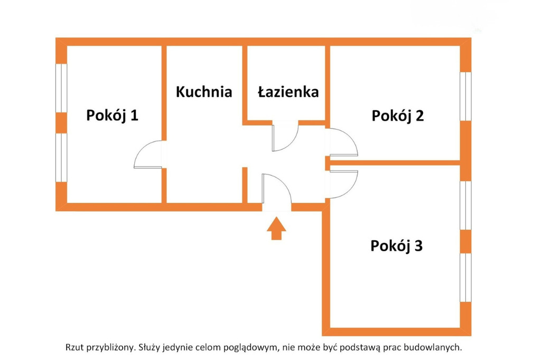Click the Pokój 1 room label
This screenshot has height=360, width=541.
click(x=112, y=116)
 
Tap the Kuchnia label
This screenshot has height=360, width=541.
click(x=203, y=92)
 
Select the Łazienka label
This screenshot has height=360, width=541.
click(x=288, y=92)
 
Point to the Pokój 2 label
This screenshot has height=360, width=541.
click(x=397, y=116)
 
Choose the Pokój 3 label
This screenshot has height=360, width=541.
click(x=396, y=246)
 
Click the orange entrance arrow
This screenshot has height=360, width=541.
click(x=276, y=228)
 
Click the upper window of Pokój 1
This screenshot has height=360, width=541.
click(x=61, y=88)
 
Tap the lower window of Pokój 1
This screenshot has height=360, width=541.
click(x=61, y=158)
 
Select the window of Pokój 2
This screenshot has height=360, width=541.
click(x=466, y=96)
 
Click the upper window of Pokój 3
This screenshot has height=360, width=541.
click(x=466, y=205)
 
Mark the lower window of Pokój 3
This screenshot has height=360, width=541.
click(x=466, y=278)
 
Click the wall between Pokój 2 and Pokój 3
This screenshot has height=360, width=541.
click(x=395, y=163)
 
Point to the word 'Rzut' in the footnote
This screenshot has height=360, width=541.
click(x=74, y=347)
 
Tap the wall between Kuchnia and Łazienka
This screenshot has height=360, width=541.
click(x=245, y=85)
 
